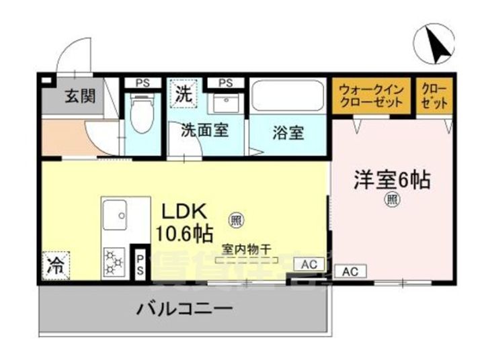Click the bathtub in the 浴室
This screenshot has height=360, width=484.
click(x=288, y=98)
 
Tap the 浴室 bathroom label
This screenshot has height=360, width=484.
click(x=289, y=132)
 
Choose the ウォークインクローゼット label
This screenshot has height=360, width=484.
click(x=372, y=95)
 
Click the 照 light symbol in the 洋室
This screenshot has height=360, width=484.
click(x=391, y=199)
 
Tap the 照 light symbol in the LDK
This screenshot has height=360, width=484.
click(x=236, y=218)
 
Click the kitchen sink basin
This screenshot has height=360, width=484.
click(x=121, y=218)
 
